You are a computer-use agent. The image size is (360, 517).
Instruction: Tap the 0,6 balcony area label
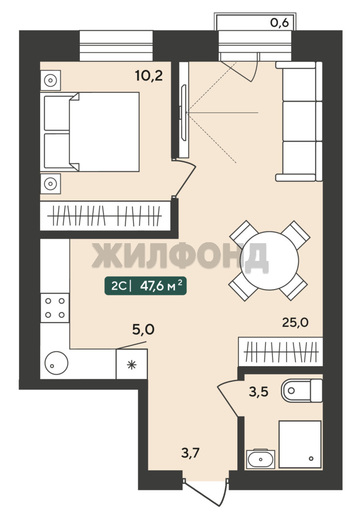click(x=280, y=23)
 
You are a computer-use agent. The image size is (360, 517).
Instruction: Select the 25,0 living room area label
click(x=295, y=322)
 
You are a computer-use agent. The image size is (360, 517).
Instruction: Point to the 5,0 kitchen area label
click(x=144, y=329)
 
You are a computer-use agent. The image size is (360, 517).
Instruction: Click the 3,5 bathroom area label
click(x=259, y=392)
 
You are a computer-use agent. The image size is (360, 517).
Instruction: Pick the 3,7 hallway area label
click(x=191, y=453)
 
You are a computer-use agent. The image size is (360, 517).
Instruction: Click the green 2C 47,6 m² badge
click(x=146, y=286)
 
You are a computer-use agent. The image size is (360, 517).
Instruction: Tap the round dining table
click(x=270, y=260)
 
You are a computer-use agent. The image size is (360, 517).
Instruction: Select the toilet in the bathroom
click(x=302, y=391)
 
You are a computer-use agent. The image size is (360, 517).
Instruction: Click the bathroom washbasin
click(x=260, y=458)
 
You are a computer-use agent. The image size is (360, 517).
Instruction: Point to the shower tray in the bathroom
click(x=300, y=444)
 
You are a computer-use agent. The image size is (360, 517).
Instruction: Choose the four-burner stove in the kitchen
click(x=55, y=308)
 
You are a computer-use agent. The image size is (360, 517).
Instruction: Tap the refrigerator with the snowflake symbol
click(x=132, y=364)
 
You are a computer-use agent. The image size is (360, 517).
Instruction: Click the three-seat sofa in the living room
click(x=299, y=121)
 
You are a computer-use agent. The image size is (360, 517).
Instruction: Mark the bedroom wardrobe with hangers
click(x=105, y=216)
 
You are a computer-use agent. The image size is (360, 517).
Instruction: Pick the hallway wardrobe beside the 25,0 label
click(x=281, y=351)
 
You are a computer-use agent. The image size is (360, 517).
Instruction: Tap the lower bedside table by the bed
click(x=50, y=184)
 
